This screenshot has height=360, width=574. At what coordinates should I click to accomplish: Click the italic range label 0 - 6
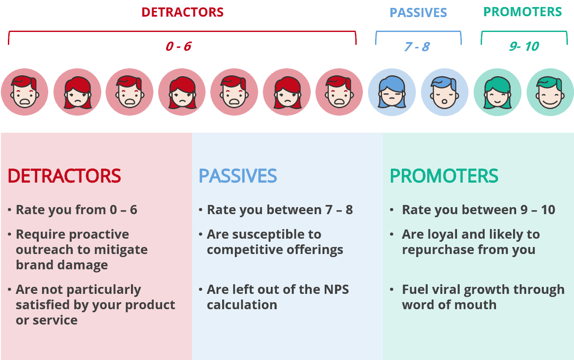point(179,46)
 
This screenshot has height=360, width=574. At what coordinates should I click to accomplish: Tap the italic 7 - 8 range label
point(417,46)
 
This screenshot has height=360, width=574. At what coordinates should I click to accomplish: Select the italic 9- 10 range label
point(524,46)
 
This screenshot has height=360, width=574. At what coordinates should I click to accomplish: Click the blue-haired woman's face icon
point(392,92)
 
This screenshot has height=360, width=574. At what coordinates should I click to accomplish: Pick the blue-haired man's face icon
point(445,92)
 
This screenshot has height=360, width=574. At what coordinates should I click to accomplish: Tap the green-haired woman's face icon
point(497,92)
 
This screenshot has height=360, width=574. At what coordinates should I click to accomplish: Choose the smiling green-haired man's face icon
point(550,92)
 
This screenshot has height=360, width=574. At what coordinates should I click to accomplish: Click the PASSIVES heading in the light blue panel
point(238,176)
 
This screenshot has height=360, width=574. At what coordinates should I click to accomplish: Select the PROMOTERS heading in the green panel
point(444,176)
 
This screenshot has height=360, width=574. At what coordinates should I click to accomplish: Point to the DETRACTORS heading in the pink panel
point(64,176)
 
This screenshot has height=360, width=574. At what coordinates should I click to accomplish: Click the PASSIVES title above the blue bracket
point(418,13)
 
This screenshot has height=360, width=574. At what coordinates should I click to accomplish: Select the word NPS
point(336,289)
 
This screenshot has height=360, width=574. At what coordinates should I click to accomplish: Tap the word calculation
point(242,305)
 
